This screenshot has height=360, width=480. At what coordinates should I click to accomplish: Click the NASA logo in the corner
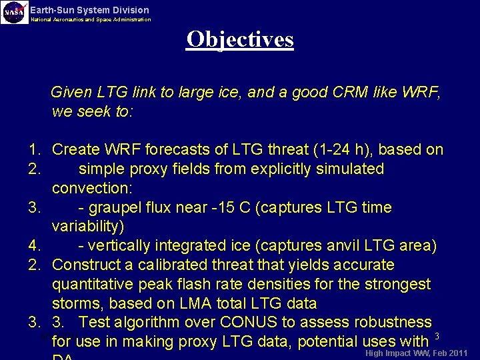click(x=14, y=12)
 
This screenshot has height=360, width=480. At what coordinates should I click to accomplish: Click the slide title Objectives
click(x=240, y=39)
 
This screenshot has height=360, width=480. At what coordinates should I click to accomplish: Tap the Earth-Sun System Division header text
click(x=90, y=10)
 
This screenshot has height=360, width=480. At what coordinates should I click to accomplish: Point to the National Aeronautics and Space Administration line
click(x=91, y=20)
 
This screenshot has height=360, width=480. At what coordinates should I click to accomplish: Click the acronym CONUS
click(x=253, y=323)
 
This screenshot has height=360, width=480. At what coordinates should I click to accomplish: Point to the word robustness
click(x=393, y=323)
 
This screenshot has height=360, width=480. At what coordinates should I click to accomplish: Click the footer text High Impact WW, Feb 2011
click(x=416, y=353)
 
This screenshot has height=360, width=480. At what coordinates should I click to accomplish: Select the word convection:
click(x=87, y=188)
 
